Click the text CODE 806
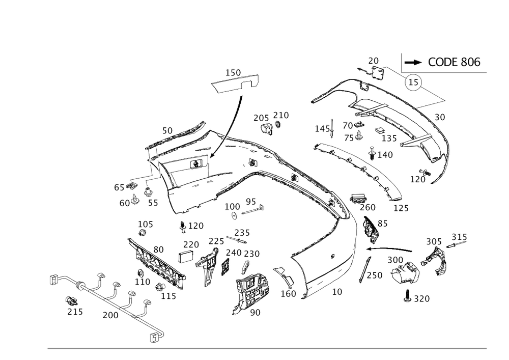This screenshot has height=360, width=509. (454, 62)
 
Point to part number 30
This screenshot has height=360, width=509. (440, 117)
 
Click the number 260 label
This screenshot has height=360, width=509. (367, 207)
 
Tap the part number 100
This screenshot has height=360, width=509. (232, 206)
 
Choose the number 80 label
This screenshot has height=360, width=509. (159, 250)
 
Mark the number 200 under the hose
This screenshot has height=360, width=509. (110, 316)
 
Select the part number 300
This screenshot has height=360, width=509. (395, 260)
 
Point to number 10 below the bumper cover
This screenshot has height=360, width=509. (336, 292)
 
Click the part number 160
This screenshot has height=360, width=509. (289, 294)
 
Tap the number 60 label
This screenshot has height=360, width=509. (124, 202)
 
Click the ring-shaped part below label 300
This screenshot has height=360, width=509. (406, 273)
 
